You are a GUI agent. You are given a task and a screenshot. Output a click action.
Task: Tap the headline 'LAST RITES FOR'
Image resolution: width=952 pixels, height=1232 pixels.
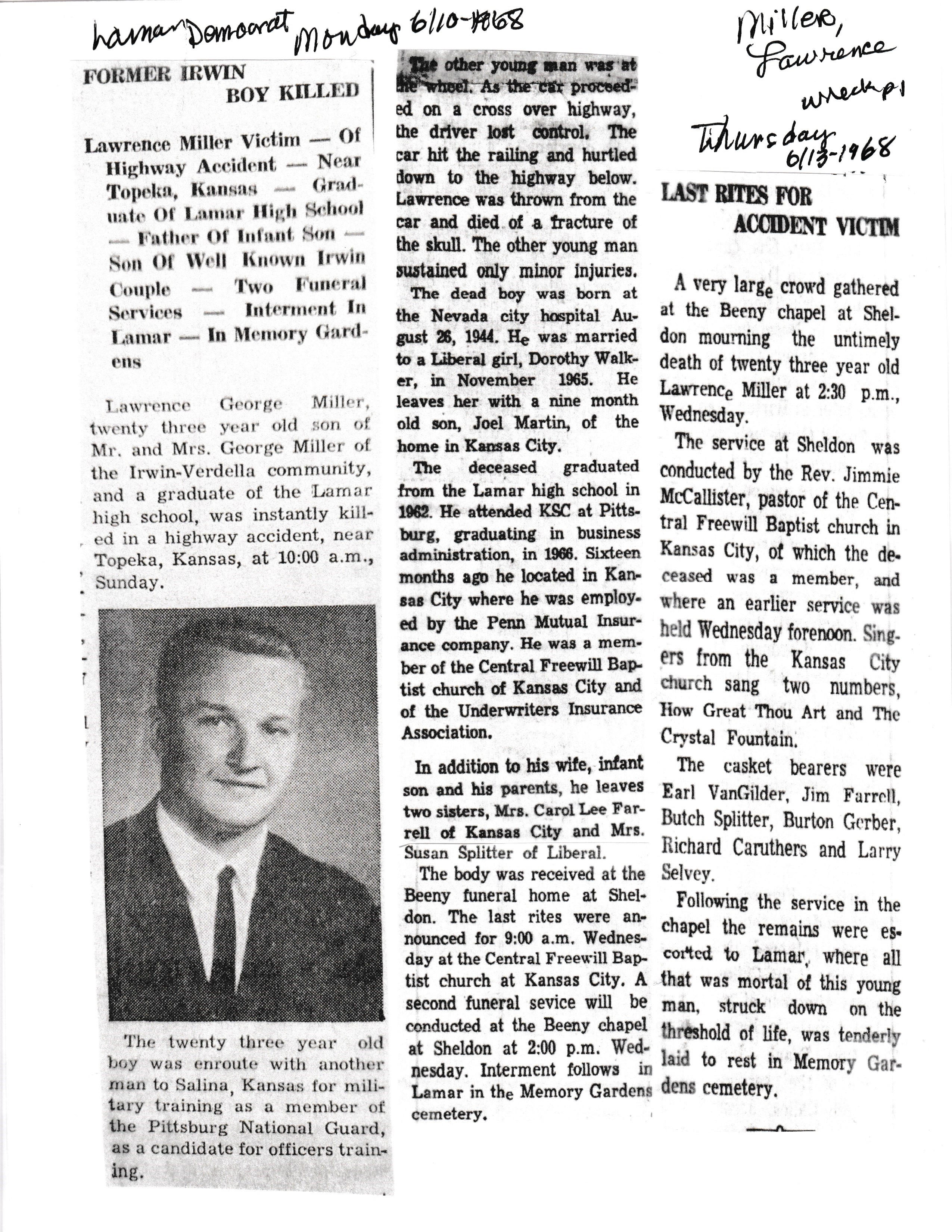[x=737, y=196]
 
